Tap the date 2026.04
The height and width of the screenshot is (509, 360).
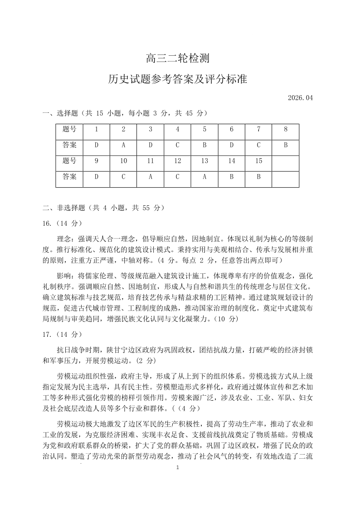coord(300,97)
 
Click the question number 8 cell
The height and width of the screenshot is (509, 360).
coord(286,129)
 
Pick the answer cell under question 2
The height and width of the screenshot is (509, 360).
coord(123,145)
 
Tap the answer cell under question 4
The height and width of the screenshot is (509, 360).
coord(178,145)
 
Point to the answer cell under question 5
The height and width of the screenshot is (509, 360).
coord(204,145)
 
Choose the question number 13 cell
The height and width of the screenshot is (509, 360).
coord(204,161)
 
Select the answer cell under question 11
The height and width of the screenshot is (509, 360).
coord(151,177)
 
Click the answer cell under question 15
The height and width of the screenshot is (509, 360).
coord(258,177)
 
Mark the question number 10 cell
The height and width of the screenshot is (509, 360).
coord(123,161)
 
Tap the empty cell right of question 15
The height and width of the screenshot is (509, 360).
coord(286,161)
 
